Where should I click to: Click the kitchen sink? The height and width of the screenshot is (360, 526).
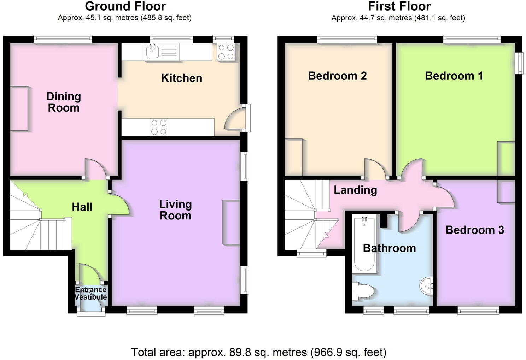click(x=153, y=52)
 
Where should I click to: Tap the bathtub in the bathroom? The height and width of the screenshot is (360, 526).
click(x=364, y=244)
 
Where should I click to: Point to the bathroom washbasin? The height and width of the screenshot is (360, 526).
click(x=427, y=285)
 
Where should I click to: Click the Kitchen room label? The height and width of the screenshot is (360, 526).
click(x=182, y=78)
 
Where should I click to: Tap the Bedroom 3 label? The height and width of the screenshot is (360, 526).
click(x=474, y=230)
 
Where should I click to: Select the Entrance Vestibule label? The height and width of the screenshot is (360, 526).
click(x=90, y=293)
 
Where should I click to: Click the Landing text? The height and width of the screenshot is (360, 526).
click(x=355, y=190)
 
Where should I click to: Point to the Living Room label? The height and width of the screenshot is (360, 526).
click(x=175, y=210)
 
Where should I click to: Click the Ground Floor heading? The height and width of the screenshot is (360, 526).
click(x=125, y=6)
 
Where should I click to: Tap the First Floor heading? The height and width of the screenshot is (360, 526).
click(x=399, y=6)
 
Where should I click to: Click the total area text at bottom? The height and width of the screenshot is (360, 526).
click(x=258, y=352)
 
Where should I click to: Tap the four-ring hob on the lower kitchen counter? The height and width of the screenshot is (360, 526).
click(x=159, y=127)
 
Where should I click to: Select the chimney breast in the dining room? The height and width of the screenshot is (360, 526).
click(x=19, y=108)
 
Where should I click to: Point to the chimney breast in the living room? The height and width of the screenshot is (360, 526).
click(x=232, y=222)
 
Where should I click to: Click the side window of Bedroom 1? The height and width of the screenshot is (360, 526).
click(x=519, y=63)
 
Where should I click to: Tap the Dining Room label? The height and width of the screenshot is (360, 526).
click(x=64, y=102)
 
